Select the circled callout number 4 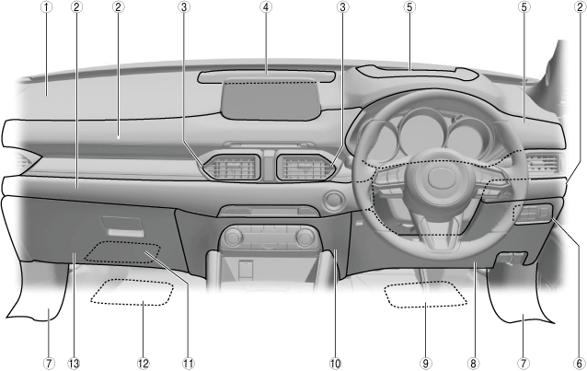pyautogui.click(x=267, y=7)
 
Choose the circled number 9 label pyautogui.click(x=424, y=363)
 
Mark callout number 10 pyautogui.click(x=336, y=363)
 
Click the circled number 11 pyautogui.click(x=189, y=363)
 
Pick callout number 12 pyautogui.click(x=144, y=363)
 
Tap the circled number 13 pyautogui.click(x=74, y=363)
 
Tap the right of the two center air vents pyautogui.click(x=301, y=168)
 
